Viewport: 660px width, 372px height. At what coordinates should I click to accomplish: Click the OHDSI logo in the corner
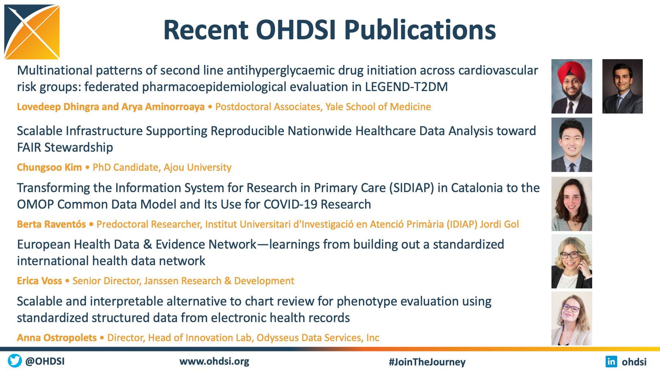(32, 32)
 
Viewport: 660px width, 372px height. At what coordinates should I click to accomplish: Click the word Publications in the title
(420, 30)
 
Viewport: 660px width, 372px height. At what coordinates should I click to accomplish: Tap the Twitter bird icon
(15, 361)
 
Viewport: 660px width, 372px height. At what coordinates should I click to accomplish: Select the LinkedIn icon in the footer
(611, 361)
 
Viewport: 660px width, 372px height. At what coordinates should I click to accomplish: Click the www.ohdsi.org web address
(214, 361)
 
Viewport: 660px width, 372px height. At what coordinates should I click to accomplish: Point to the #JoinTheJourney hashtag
(427, 362)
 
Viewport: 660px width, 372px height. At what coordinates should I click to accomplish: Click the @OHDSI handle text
(45, 361)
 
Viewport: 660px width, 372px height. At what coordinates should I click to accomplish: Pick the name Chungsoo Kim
(49, 167)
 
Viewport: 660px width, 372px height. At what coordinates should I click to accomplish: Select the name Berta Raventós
(51, 224)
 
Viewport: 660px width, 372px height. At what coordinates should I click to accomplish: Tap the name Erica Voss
(40, 281)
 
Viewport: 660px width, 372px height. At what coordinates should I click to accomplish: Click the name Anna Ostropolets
(57, 337)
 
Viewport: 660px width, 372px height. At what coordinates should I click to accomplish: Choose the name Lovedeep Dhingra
(58, 107)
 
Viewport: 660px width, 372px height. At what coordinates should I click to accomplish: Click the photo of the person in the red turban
(572, 86)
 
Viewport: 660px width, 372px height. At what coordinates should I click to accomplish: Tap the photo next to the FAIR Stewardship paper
(572, 145)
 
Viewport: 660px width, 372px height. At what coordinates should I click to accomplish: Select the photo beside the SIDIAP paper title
(572, 204)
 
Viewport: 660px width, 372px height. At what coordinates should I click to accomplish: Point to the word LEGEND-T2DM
(406, 87)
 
